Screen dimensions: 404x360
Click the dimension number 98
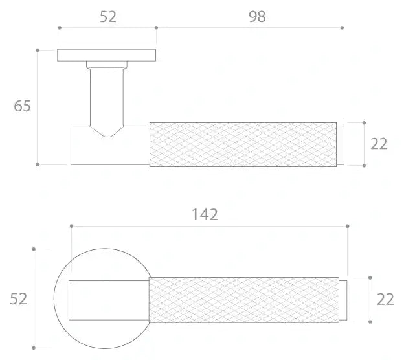257,17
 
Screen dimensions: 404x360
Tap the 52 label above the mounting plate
107,17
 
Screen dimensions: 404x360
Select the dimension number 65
22,106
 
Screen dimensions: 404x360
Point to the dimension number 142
205,215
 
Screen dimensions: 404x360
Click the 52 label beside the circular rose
18,299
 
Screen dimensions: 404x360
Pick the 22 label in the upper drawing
379,144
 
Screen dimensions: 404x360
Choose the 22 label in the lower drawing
385,299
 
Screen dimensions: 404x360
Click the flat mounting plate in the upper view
106,55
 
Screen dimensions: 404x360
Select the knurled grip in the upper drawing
243,144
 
